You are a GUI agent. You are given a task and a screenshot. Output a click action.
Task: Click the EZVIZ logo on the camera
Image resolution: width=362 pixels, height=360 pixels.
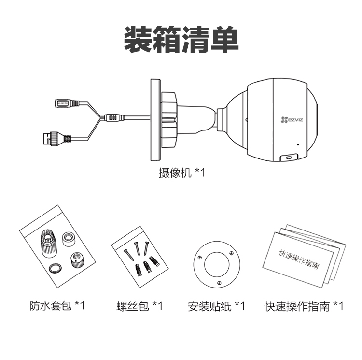coord(292,120)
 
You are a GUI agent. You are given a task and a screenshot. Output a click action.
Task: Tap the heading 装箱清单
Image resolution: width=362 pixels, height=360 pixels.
coord(181,40)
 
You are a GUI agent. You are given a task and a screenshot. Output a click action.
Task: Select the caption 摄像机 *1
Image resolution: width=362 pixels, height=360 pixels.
coord(181,173)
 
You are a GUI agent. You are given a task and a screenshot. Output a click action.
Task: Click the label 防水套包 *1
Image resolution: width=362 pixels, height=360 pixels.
coord(57,305)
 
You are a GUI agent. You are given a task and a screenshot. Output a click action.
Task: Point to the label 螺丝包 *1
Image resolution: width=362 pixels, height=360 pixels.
coord(139,306)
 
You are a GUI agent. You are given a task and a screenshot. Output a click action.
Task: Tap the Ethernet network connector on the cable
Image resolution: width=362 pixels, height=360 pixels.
coord(57,139)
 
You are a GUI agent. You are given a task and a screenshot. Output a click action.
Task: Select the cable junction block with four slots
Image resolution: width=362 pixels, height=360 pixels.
coord(114,117)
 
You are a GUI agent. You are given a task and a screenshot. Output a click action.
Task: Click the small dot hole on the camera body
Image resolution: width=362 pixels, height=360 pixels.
coord(298,144)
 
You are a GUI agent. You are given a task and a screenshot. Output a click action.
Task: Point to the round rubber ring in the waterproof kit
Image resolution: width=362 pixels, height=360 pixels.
coord(55,268)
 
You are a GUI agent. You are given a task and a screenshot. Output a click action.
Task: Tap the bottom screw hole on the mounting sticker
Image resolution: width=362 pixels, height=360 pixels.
coord(219,283)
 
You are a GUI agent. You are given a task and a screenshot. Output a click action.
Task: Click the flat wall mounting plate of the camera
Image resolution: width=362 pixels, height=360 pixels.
coord(155,120)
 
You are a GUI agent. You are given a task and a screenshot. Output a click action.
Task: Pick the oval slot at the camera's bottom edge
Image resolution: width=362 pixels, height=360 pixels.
coord(289,158)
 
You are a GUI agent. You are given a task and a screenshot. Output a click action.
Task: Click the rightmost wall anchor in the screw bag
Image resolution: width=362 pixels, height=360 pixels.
coord(154,261)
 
